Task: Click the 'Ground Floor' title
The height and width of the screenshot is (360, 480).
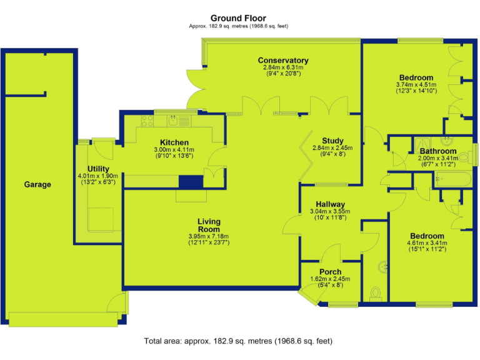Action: pos(237,18)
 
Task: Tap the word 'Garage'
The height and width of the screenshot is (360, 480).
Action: pos(37,184)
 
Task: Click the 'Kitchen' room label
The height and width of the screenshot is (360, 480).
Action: pos(174,142)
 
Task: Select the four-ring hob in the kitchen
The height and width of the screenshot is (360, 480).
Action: pos(147,121)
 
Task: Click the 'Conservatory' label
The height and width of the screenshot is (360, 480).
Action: pos(283,61)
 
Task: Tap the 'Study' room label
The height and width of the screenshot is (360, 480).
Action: pos(332,141)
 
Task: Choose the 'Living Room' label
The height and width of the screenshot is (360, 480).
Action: pos(209,226)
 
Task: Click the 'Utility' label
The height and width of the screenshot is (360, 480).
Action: pos(99,169)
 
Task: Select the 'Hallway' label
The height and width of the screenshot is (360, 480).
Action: pos(330,204)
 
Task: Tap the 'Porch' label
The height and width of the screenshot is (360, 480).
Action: pos(330,272)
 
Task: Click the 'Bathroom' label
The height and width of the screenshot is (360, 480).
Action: pos(437,151)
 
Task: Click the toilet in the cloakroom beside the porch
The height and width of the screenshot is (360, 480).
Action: pos(376,292)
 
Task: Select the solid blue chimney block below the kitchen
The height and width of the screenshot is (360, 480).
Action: pos(191,182)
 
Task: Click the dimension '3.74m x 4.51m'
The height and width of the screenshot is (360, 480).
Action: pos(416,85)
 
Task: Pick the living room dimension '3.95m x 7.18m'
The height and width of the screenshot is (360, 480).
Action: pos(209,236)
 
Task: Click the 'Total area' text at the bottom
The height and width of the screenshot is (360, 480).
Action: pos(238,341)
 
